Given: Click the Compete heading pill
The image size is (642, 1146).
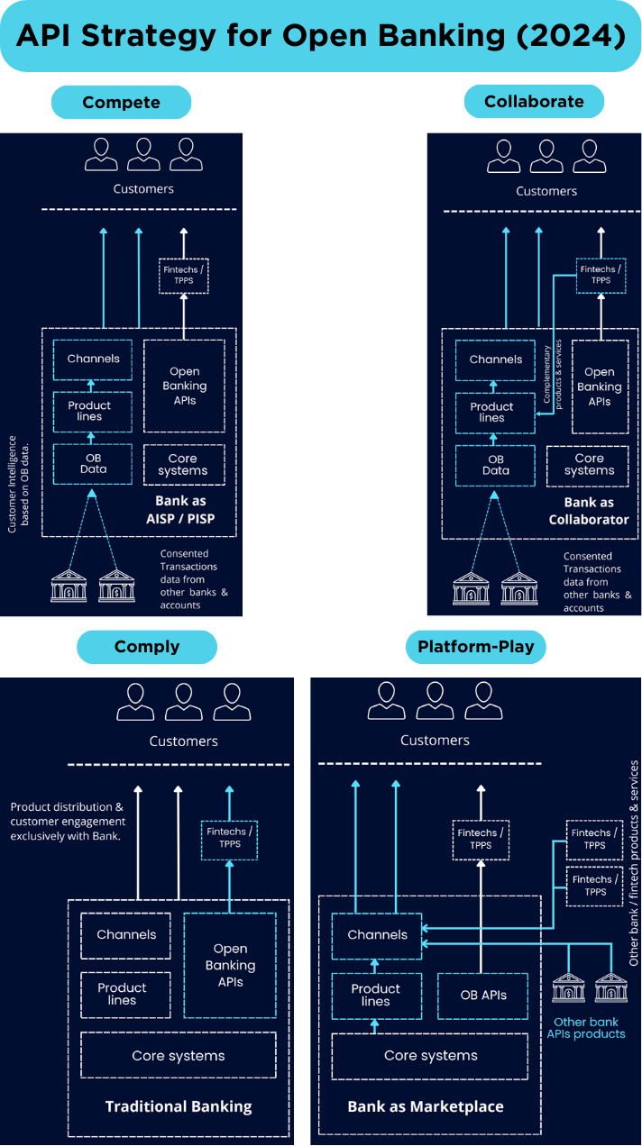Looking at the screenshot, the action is (x=122, y=103).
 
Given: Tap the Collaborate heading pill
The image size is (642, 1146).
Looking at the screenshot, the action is (x=534, y=101).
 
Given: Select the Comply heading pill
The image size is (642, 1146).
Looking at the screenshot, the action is (x=147, y=647).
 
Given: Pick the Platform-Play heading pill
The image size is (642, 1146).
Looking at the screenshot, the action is (x=475, y=647).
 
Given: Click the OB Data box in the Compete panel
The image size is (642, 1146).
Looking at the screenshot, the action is (x=93, y=464).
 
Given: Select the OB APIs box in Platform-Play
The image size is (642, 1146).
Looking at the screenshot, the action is (x=482, y=995).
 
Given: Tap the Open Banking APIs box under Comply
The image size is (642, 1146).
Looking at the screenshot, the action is (x=230, y=965).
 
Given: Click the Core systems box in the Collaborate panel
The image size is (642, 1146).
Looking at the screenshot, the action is (x=588, y=466).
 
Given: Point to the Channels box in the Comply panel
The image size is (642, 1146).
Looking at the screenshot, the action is (x=126, y=935).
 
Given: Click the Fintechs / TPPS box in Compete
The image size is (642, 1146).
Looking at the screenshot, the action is (x=184, y=276).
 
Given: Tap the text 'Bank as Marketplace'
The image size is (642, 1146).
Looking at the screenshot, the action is (x=426, y=1106).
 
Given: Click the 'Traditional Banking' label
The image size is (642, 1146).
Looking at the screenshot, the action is (x=179, y=1106).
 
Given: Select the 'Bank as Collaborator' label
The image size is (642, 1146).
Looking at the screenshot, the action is (x=589, y=511).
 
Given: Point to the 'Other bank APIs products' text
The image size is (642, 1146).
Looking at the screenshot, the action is (x=586, y=1028).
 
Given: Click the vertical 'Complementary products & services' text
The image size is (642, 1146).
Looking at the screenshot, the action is (x=553, y=375).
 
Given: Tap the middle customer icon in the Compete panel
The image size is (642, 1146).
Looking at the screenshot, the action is (x=143, y=154).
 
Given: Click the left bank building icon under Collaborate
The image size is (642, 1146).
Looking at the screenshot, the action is (x=471, y=588).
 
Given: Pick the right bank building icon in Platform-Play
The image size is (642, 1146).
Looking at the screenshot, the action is (x=611, y=987).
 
